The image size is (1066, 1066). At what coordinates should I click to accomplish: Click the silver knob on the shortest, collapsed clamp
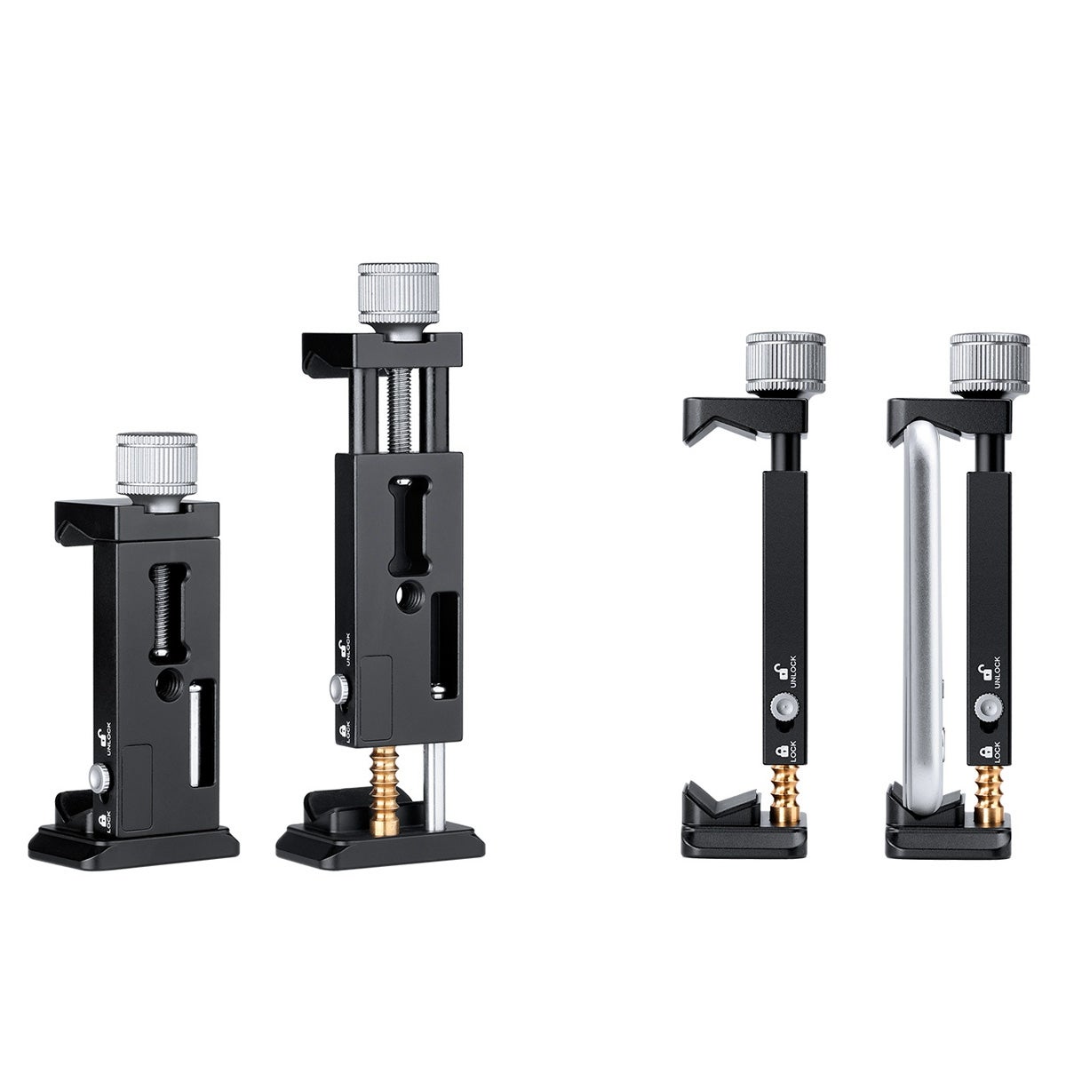[x=156, y=472]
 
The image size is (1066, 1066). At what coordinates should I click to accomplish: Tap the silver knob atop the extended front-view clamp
[x=398, y=300]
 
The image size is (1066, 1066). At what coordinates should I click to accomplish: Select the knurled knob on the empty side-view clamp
[x=785, y=364]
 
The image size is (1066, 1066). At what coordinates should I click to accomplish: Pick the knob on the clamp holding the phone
[x=990, y=364]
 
